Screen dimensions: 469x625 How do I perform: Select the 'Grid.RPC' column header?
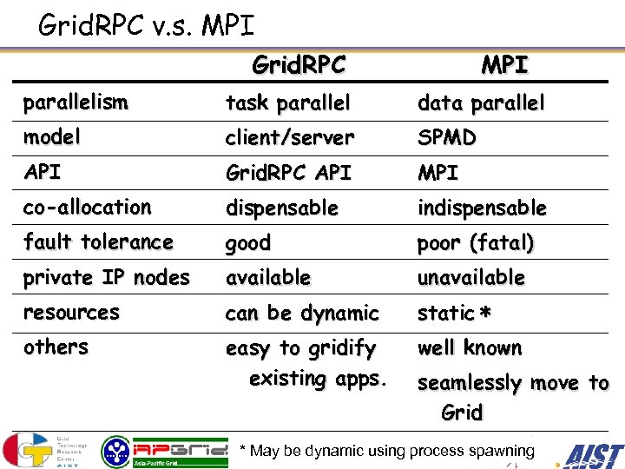[x=299, y=64]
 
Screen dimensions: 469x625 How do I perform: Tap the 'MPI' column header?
[x=504, y=64]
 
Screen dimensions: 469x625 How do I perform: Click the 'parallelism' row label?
[x=76, y=102]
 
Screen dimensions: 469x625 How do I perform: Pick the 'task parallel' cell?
[x=288, y=103]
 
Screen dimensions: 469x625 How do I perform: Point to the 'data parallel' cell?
[x=481, y=103]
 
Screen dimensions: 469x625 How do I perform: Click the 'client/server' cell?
[x=290, y=138]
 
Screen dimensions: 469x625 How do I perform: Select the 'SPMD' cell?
[x=446, y=138]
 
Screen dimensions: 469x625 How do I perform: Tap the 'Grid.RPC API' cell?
[x=288, y=173]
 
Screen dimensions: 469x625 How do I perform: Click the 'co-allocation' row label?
[x=87, y=208]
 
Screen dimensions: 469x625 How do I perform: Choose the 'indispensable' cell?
[x=482, y=208]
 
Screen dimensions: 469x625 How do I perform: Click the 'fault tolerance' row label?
[x=98, y=242]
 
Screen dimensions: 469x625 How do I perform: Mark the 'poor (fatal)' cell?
[x=475, y=243]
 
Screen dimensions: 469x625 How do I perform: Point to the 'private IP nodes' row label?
[x=106, y=278]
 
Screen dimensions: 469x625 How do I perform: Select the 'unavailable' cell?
[x=470, y=278]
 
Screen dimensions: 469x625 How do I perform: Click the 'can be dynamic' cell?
[x=302, y=313]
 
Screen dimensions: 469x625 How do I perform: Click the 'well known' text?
[x=470, y=348]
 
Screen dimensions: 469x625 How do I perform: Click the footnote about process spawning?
[x=386, y=451]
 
